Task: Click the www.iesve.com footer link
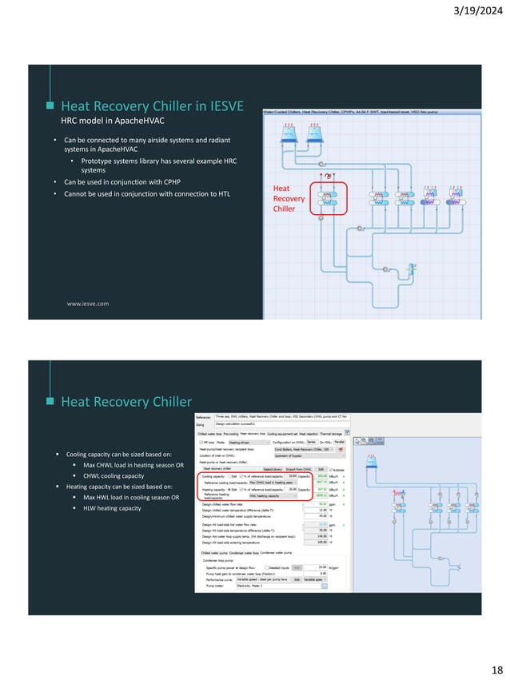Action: click(87, 304)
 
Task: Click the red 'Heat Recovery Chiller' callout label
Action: click(285, 198)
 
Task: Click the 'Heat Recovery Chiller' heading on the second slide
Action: click(126, 402)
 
